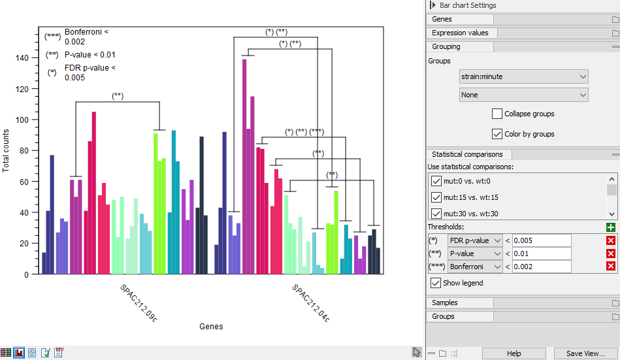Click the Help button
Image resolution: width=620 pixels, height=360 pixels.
[514, 353]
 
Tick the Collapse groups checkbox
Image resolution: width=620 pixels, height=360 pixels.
[498, 114]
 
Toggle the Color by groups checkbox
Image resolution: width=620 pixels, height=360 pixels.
[498, 134]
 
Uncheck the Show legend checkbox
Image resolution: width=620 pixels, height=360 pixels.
[436, 283]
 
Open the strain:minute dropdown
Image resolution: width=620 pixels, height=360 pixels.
[523, 76]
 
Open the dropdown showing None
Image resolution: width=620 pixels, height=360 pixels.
[523, 95]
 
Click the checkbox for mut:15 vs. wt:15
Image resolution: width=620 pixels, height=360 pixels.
[436, 197]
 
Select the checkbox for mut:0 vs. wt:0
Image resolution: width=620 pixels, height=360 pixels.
[436, 181]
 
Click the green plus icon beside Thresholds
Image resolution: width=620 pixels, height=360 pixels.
[611, 227]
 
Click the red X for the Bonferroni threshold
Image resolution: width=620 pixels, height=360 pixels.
[611, 267]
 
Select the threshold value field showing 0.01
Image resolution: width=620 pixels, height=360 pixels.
[542, 254]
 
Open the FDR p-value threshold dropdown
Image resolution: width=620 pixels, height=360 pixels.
[475, 240]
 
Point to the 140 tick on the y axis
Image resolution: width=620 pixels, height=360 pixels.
[23, 58]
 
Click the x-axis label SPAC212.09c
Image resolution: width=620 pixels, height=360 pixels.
[139, 303]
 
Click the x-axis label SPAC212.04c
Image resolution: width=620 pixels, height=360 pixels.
[310, 303]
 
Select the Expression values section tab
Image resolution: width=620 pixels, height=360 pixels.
[460, 33]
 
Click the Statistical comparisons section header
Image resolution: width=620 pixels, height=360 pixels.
[467, 154]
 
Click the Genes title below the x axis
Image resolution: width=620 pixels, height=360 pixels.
[211, 327]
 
